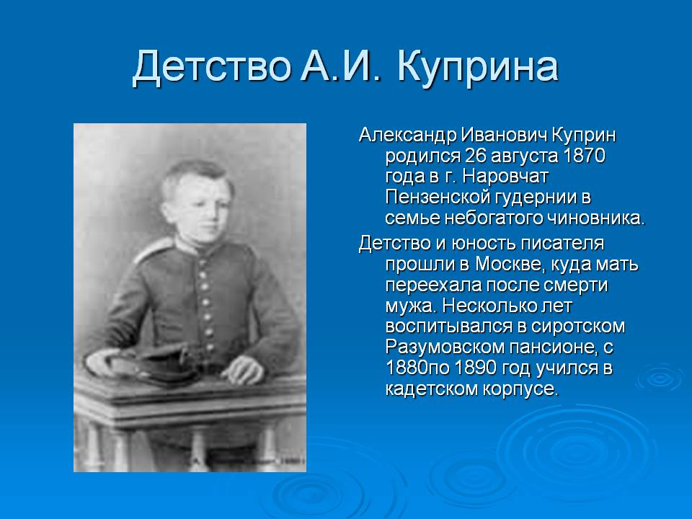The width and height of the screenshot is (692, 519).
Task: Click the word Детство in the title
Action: coord(212,68)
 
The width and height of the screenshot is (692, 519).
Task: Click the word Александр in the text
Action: coord(407,135)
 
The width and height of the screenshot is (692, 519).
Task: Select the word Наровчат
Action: coord(505,177)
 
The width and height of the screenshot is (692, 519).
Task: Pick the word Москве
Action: coord(506,264)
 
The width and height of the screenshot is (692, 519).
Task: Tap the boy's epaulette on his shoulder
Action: coord(154,249)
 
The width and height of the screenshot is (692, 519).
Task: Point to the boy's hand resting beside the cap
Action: coord(243,369)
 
